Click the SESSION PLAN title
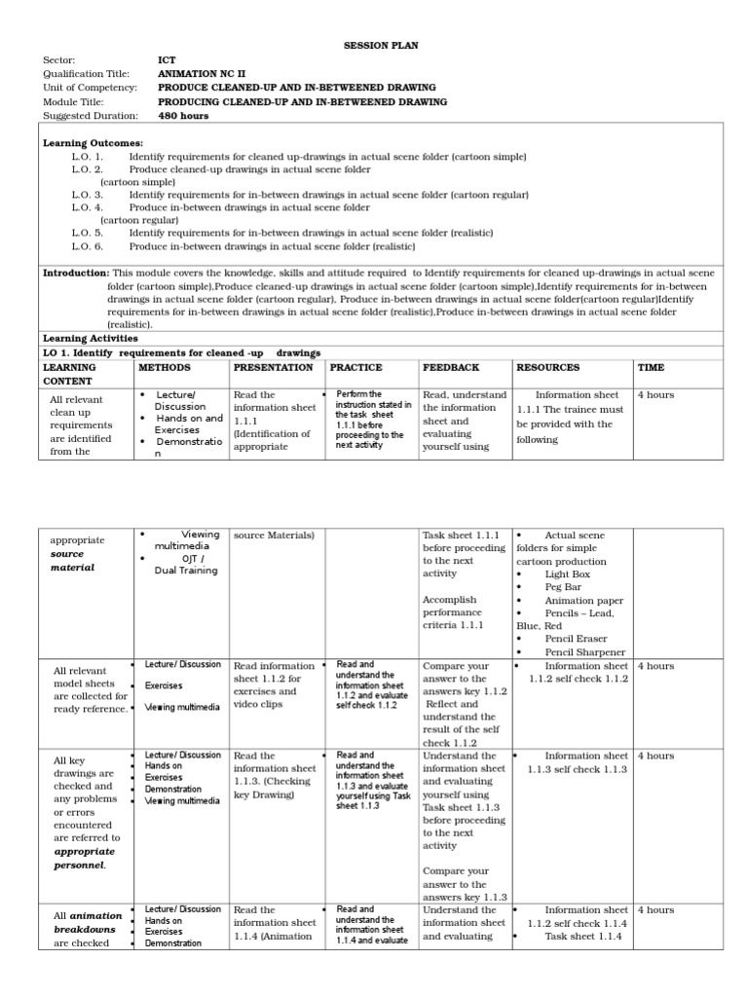point(373,46)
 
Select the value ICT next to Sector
point(167,59)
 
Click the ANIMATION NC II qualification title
point(201,73)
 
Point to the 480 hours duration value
point(183,115)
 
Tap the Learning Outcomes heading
point(93,143)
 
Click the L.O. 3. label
point(87,195)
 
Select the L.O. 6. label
point(87,245)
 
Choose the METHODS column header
point(165,367)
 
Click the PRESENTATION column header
point(273,367)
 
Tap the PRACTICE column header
point(355,367)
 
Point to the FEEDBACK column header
point(450,367)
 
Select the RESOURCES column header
point(547,367)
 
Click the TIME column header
point(651,367)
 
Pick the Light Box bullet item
point(568,574)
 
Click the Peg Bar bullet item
point(565,588)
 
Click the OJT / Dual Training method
point(186,565)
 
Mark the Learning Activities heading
point(90,338)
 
